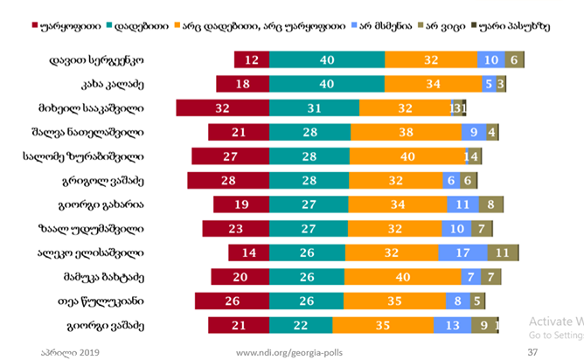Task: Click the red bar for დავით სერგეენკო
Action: pyautogui.click(x=251, y=59)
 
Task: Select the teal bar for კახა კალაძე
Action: pyautogui.click(x=326, y=84)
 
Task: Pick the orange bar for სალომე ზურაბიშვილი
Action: pyautogui.click(x=407, y=156)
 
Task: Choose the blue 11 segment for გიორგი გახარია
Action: pyautogui.click(x=462, y=204)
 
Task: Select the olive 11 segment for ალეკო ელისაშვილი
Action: pyautogui.click(x=503, y=253)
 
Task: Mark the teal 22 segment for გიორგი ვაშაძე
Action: pyautogui.click(x=301, y=325)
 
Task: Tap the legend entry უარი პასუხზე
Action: pyautogui.click(x=515, y=25)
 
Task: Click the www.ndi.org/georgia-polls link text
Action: pyautogui.click(x=291, y=351)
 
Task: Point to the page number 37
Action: pyautogui.click(x=532, y=351)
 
